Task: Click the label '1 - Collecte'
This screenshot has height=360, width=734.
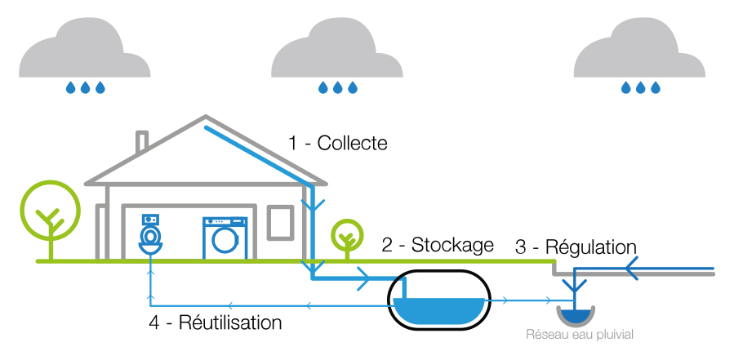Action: [338, 143]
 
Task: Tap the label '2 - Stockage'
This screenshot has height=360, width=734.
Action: [438, 244]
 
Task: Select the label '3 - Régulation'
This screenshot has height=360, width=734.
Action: [575, 247]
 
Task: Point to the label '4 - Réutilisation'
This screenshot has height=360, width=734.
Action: [215, 322]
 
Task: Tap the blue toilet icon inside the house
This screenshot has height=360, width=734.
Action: [149, 234]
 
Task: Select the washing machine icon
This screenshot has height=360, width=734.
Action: [224, 238]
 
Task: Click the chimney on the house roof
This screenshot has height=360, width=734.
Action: [142, 142]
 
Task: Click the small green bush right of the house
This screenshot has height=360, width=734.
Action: [347, 237]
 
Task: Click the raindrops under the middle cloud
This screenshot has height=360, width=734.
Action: [337, 87]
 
